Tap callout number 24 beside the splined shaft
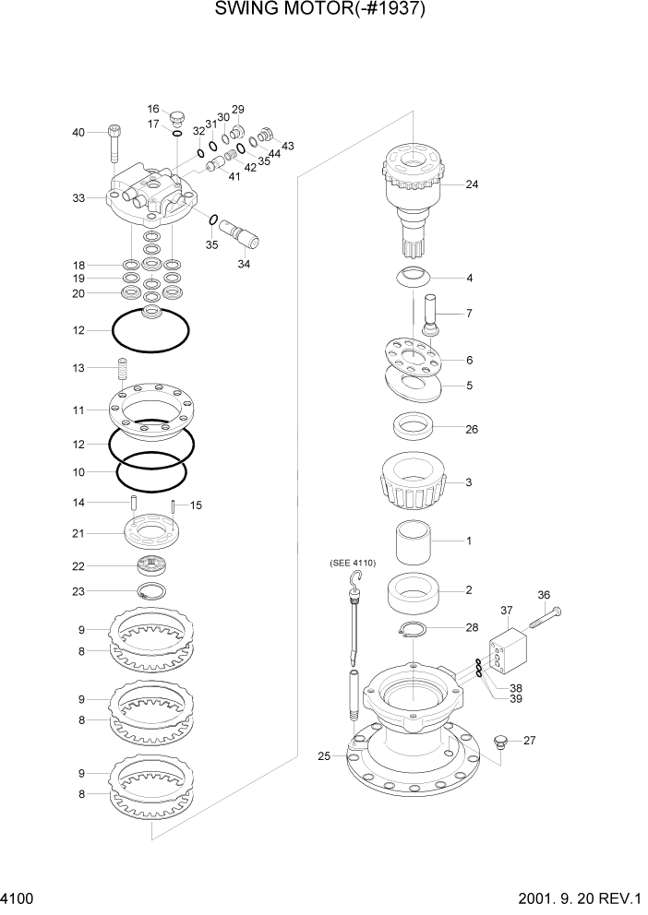click(472, 184)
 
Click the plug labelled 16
click(178, 117)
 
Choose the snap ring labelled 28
click(413, 631)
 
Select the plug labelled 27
click(501, 740)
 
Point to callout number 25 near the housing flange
click(323, 756)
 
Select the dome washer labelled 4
click(413, 276)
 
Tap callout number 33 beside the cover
click(78, 198)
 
